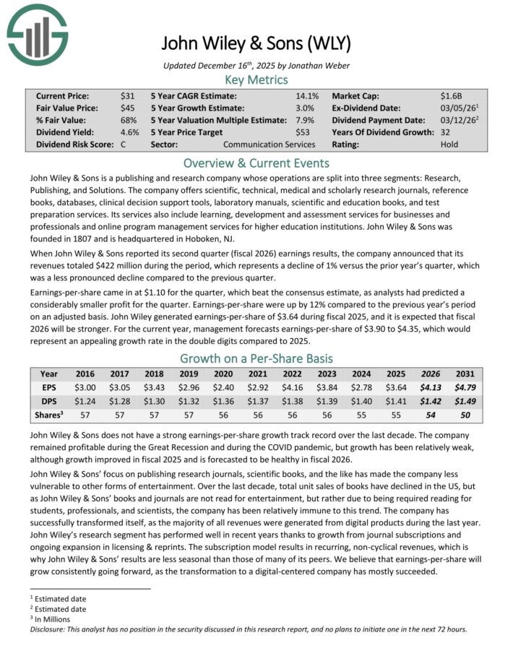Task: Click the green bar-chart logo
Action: pyautogui.click(x=36, y=33)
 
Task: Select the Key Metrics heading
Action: pyautogui.click(x=256, y=79)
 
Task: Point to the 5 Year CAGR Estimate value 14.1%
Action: pyautogui.click(x=307, y=95)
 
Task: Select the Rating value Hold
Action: pyautogui.click(x=449, y=145)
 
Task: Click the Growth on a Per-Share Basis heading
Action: pyautogui.click(x=256, y=358)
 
